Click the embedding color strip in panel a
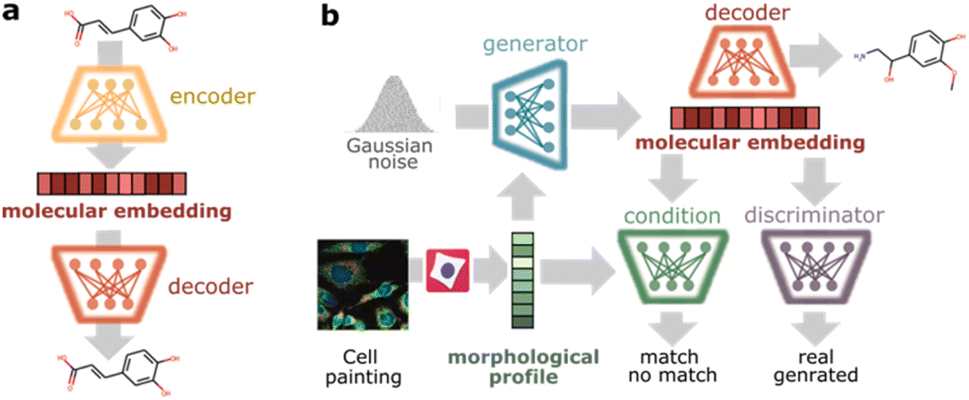click(x=120, y=184)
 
